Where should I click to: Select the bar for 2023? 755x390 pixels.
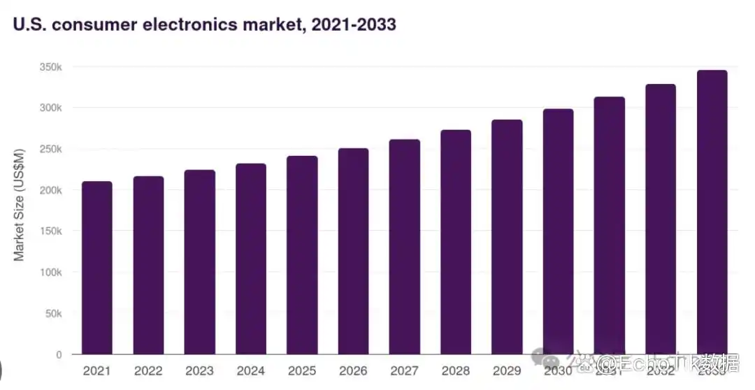click(200, 262)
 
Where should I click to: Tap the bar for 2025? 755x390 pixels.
click(302, 255)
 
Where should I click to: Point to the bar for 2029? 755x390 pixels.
click(507, 237)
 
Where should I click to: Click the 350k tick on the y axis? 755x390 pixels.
click(50, 67)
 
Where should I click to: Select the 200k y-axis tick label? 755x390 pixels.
click(50, 190)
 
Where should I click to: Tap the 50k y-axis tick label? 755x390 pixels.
click(52, 313)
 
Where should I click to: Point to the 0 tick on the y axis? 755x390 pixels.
click(59, 354)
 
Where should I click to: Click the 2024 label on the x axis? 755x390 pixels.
click(250, 370)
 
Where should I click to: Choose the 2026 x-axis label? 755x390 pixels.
click(353, 370)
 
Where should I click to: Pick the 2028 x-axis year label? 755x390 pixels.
click(455, 370)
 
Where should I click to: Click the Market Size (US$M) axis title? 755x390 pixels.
click(19, 204)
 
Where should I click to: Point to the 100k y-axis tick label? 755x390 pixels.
click(50, 272)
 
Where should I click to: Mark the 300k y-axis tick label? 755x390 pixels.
click(50, 108)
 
